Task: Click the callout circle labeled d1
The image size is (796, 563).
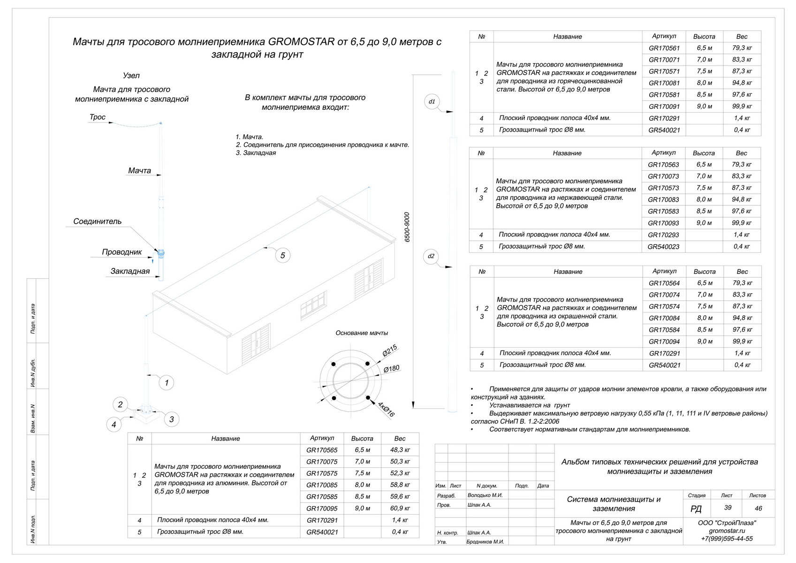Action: point(432,102)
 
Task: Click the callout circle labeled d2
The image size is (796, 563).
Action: point(431,256)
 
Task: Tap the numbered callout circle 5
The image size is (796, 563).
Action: point(283,255)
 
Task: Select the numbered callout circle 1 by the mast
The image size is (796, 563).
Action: point(167,383)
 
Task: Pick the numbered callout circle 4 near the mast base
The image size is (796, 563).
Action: point(114,425)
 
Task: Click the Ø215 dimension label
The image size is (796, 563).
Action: point(390,350)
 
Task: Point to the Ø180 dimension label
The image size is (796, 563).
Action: point(392,369)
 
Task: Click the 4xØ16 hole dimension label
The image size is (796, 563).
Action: point(386,409)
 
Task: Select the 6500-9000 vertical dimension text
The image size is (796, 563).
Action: point(407,228)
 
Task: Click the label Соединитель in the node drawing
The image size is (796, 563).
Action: point(98,221)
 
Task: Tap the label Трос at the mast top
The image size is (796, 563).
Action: point(98,117)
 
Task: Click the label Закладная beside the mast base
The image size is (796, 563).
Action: point(130,271)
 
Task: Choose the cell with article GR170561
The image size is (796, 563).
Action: point(664,48)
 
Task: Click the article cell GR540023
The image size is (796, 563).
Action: point(663,247)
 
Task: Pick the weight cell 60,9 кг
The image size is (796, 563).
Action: point(400,508)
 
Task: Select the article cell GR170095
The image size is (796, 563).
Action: point(322,508)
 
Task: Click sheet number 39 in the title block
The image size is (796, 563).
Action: point(728,508)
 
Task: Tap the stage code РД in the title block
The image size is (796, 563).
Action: point(696,509)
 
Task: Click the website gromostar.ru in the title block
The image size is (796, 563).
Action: point(727,531)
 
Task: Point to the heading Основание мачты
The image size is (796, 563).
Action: point(362,333)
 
